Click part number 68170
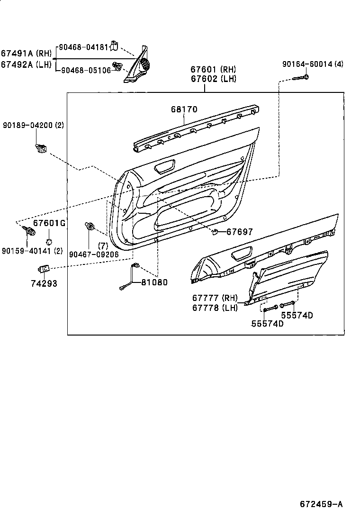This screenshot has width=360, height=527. click(184, 109)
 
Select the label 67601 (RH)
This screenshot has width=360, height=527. click(213, 70)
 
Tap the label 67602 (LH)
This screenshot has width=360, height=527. click(213, 79)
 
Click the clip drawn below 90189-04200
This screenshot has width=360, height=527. click(41, 148)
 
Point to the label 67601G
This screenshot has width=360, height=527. click(49, 223)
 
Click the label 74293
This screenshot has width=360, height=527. click(44, 283)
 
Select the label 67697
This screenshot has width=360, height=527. click(239, 232)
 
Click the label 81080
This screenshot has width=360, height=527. click(154, 282)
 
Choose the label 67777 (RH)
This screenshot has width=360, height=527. click(215, 298)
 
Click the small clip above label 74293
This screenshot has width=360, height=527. click(43, 269)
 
